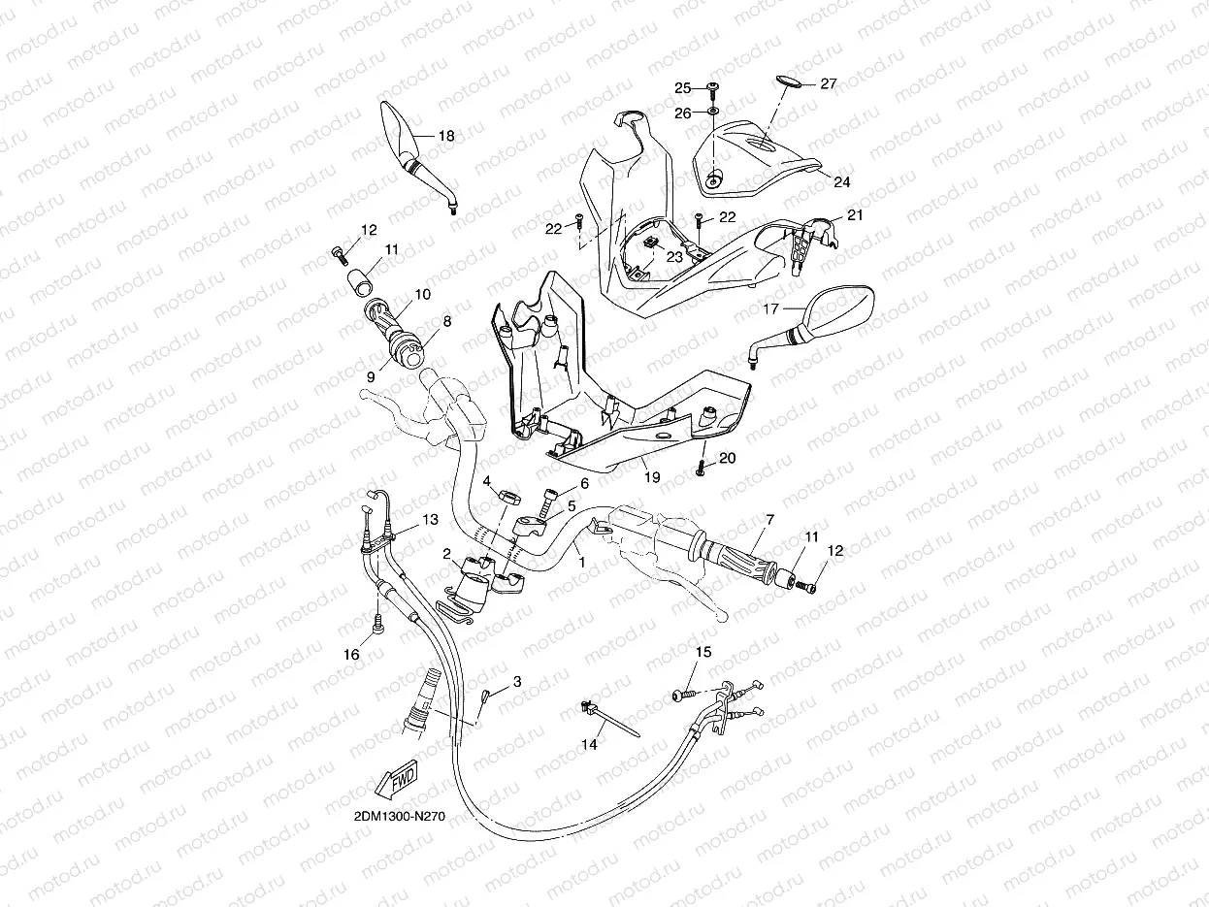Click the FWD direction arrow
(393, 778)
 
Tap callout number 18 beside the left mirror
(446, 137)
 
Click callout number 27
(828, 84)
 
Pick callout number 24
(841, 181)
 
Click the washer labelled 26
(713, 113)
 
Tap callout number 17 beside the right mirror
(771, 310)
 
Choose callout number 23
(672, 257)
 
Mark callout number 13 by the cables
(430, 520)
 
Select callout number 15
(703, 652)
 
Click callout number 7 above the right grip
(769, 520)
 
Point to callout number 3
(517, 681)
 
